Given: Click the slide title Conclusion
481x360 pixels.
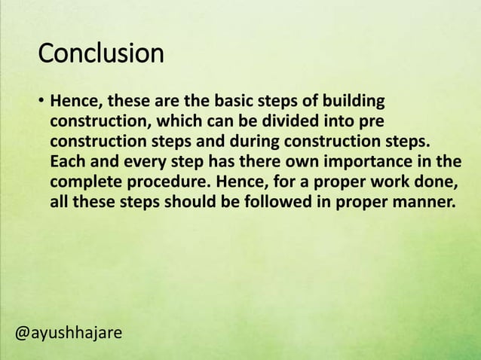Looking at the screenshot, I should click(x=100, y=54).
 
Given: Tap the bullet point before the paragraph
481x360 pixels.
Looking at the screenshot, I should click(x=41, y=102).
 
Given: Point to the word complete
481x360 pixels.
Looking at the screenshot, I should click(x=84, y=182).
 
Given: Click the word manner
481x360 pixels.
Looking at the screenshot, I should click(x=426, y=202).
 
